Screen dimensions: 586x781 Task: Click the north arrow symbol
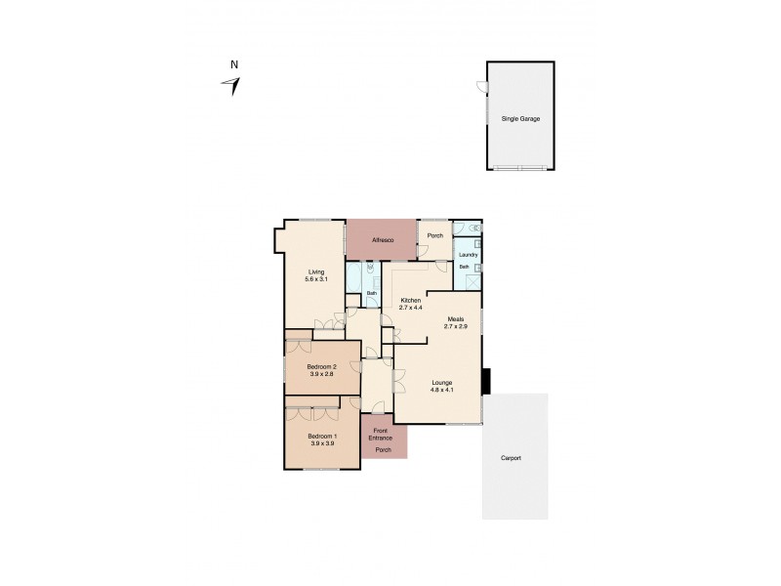pyautogui.click(x=232, y=86)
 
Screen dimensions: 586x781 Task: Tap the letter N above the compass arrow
pyautogui.click(x=233, y=65)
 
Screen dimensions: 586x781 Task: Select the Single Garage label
pyautogui.click(x=520, y=118)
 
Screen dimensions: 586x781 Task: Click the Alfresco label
pyautogui.click(x=382, y=239)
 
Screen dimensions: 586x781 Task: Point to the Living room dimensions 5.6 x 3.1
pyautogui.click(x=316, y=279)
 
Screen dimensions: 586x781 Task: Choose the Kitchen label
pyautogui.click(x=411, y=301)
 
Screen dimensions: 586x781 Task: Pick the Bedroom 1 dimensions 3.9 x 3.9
pyautogui.click(x=321, y=443)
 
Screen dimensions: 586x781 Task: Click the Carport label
pyautogui.click(x=512, y=457)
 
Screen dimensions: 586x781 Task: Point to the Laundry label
pyautogui.click(x=468, y=255)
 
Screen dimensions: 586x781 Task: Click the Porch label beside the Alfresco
pyautogui.click(x=434, y=235)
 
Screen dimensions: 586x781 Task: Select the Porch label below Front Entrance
pyautogui.click(x=383, y=450)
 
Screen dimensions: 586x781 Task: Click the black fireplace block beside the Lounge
pyautogui.click(x=488, y=380)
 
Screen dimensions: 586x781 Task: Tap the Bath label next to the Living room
pyautogui.click(x=372, y=293)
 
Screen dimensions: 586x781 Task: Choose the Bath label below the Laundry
pyautogui.click(x=465, y=266)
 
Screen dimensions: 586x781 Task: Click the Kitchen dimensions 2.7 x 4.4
pyautogui.click(x=411, y=308)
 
